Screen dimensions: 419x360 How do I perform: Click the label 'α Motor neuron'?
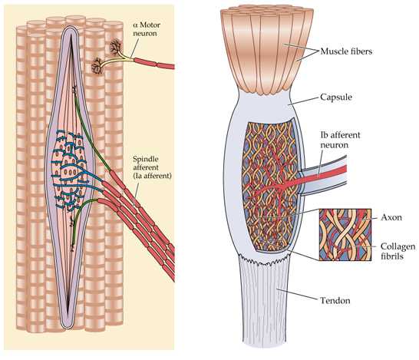(x=147, y=29)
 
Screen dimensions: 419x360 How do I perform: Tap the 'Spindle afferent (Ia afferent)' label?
(x=152, y=167)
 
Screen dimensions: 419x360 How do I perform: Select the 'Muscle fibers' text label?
(x=346, y=51)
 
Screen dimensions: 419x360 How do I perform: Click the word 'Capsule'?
(x=336, y=97)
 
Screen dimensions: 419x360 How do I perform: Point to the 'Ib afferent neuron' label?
(x=340, y=140)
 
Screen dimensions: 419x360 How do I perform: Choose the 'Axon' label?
(x=391, y=217)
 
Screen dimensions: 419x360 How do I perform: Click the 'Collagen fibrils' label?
(x=398, y=251)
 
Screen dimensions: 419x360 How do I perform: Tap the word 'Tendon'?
(x=335, y=300)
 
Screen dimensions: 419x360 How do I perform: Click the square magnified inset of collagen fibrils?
(x=345, y=234)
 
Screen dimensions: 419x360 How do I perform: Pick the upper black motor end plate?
(x=116, y=47)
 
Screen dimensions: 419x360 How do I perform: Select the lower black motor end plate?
(x=97, y=66)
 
